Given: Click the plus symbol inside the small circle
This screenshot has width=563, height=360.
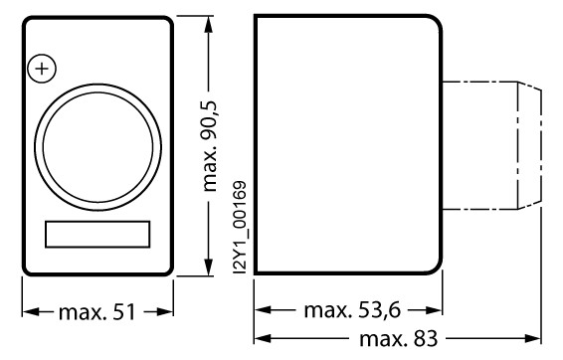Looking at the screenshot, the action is tap(42, 69).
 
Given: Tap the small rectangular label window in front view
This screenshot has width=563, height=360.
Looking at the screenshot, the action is tap(97, 235).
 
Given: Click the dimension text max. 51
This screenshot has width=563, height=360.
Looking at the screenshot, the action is tap(96, 312).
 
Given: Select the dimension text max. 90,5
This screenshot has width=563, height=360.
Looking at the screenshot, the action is tap(211, 146).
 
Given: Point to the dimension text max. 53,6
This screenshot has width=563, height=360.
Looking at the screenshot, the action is tap(352, 310).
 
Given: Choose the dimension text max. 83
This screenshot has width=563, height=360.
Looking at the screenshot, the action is tap(399, 338).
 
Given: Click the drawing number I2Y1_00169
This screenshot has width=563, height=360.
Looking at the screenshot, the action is tap(240, 228).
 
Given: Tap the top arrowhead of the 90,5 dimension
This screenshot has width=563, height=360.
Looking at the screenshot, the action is tap(209, 25).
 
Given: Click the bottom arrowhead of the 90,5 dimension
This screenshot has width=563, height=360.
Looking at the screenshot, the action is tap(209, 268).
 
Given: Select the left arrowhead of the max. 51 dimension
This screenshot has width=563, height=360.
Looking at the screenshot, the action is tap(31, 311).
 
